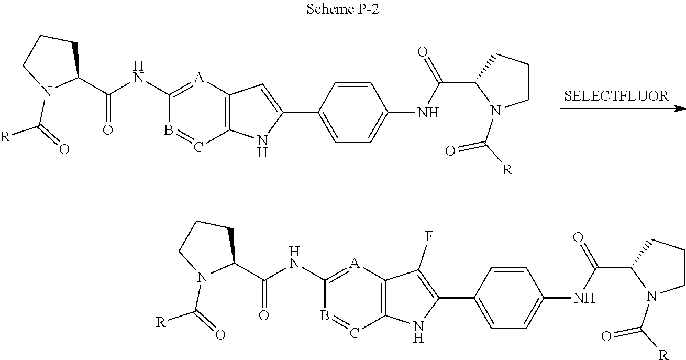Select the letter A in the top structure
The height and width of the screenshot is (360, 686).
coord(198,78)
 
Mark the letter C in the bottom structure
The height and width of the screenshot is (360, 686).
coord(355,334)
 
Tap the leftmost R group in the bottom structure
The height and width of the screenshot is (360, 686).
coord(161,322)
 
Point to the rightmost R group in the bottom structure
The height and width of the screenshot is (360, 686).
coord(663,355)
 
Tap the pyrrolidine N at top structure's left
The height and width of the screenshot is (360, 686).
coord(47,93)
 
